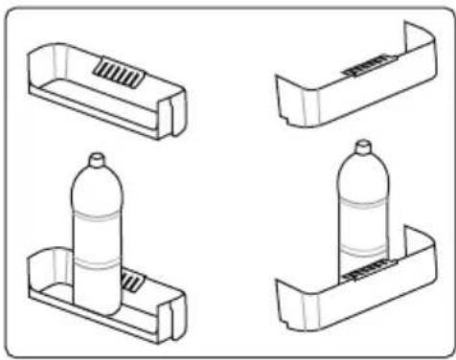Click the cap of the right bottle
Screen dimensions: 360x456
[x=362, y=147]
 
